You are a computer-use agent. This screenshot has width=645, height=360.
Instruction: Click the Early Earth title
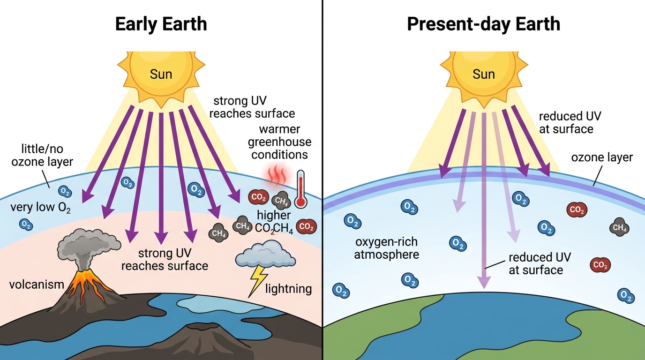click(161, 24)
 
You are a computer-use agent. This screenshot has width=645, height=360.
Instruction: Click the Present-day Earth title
click(483, 24)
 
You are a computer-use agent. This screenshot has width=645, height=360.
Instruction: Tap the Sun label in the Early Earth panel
click(161, 75)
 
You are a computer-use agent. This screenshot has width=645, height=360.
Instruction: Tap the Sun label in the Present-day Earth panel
click(484, 75)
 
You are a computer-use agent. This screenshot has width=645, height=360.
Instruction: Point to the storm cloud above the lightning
click(265, 254)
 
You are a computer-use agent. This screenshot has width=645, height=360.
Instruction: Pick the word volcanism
click(37, 285)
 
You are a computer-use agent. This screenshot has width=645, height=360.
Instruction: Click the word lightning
click(289, 289)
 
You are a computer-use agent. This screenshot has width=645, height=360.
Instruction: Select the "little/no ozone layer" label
click(42, 155)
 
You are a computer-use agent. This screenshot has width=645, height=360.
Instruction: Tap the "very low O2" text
click(40, 208)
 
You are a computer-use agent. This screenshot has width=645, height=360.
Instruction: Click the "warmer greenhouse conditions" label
click(279, 142)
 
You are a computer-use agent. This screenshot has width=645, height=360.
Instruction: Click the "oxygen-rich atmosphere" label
click(386, 248)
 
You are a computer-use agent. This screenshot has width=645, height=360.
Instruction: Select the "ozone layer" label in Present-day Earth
click(602, 157)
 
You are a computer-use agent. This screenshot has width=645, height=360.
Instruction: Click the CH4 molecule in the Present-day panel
click(619, 227)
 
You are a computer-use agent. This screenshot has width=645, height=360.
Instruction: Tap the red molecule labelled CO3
click(600, 265)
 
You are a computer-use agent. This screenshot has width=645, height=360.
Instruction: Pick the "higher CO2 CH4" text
click(274, 221)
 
